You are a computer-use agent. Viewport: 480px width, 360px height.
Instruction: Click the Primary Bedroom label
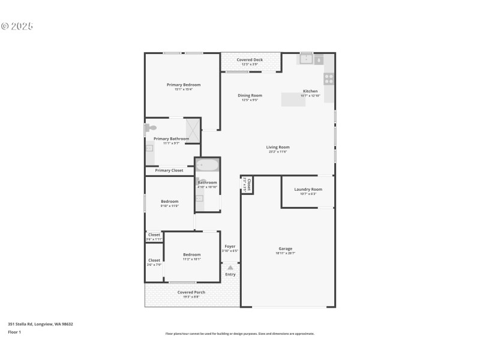pyautogui.click(x=183, y=85)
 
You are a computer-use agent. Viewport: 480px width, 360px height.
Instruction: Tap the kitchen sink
pyautogui.click(x=306, y=59)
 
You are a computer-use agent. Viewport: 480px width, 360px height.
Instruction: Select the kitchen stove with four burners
pyautogui.click(x=329, y=78)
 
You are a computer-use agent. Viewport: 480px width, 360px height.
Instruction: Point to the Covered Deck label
pyautogui.click(x=250, y=60)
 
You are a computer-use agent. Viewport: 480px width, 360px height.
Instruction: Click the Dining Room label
pyautogui.click(x=250, y=95)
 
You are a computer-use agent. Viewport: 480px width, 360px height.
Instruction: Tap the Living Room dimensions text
pyautogui.click(x=278, y=152)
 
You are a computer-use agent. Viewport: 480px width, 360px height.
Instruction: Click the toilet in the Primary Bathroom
pyautogui.click(x=151, y=128)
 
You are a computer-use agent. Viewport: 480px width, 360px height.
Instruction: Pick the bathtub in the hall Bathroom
pyautogui.click(x=208, y=165)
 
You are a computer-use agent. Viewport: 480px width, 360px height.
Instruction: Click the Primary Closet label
pyautogui.click(x=169, y=170)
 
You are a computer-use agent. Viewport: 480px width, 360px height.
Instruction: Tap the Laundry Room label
pyautogui.click(x=308, y=190)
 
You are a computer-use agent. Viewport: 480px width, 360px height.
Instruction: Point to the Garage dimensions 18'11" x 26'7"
pyautogui.click(x=286, y=253)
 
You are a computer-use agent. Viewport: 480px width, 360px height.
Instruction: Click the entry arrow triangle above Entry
pyautogui.click(x=230, y=267)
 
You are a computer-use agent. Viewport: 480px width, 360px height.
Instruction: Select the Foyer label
pyautogui.click(x=230, y=246)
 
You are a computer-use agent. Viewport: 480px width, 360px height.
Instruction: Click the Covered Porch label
pyautogui.click(x=191, y=292)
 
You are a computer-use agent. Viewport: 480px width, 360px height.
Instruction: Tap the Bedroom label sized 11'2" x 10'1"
pyautogui.click(x=192, y=255)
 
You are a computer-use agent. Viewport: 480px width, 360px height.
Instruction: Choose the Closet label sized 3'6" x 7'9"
pyautogui.click(x=154, y=260)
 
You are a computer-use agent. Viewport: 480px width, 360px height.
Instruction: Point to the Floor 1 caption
pyautogui.click(x=14, y=332)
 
